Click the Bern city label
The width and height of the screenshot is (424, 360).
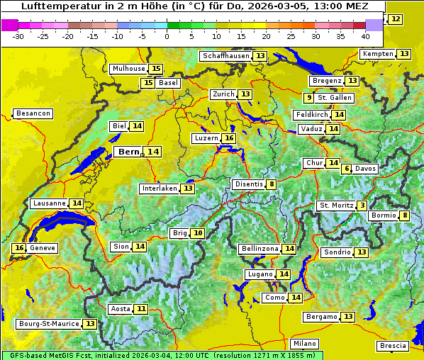[128, 152]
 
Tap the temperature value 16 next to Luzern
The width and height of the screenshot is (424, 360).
[228, 138]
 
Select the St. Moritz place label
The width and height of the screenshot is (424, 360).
[336, 206]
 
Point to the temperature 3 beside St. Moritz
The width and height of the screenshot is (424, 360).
[362, 206]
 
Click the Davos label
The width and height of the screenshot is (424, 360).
[366, 169]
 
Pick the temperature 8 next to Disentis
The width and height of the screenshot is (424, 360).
[272, 184]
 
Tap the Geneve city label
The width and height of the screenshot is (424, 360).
[43, 248]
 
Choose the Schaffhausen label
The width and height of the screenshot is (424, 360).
[225, 56]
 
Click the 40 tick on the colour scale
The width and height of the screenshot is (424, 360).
[365, 35]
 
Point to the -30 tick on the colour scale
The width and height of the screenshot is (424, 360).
[18, 35]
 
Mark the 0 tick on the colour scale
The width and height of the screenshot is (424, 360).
[167, 35]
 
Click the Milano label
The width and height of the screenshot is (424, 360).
[305, 343]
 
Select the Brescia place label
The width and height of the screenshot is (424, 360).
[393, 346]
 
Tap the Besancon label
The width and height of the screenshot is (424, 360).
[33, 113]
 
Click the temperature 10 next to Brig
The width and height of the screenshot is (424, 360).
[198, 233]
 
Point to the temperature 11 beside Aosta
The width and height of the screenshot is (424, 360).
[142, 308]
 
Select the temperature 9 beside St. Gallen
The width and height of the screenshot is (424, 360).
[308, 97]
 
